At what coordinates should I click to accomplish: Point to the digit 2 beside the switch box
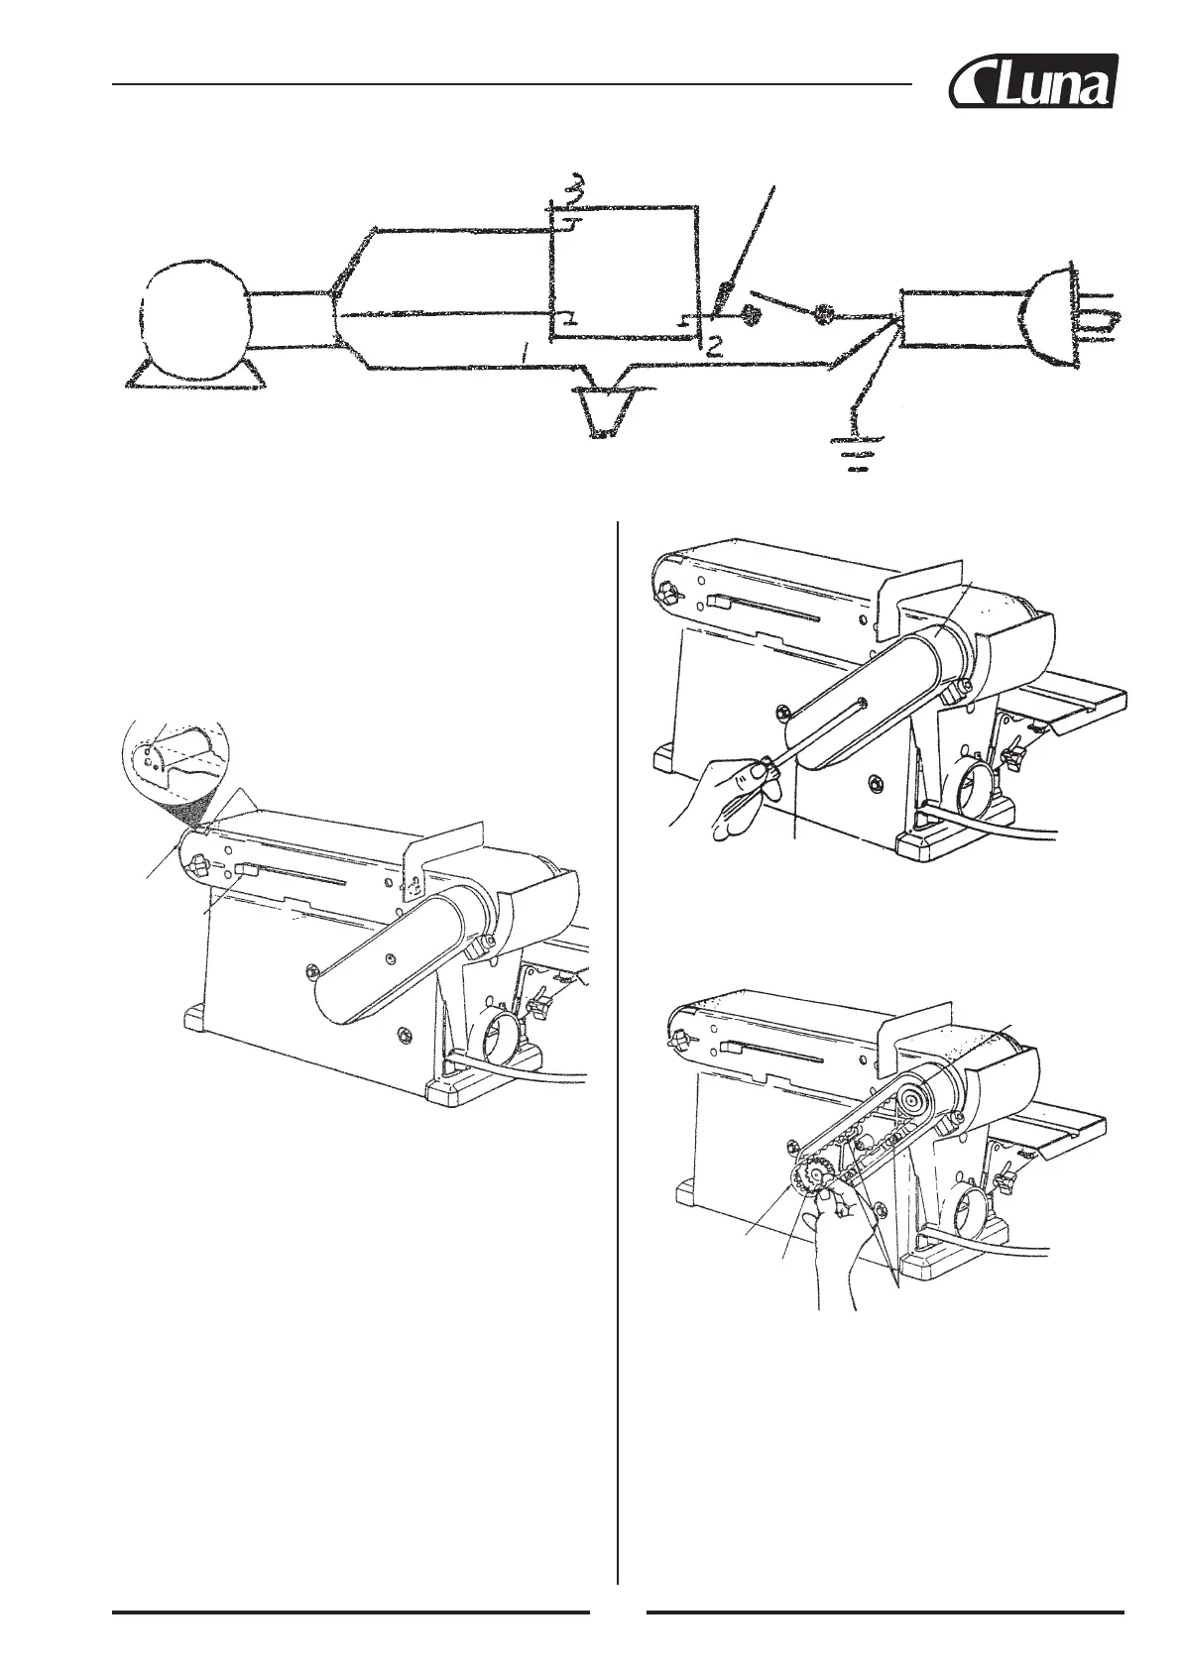coord(715,347)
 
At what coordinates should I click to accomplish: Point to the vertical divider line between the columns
coord(618,991)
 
